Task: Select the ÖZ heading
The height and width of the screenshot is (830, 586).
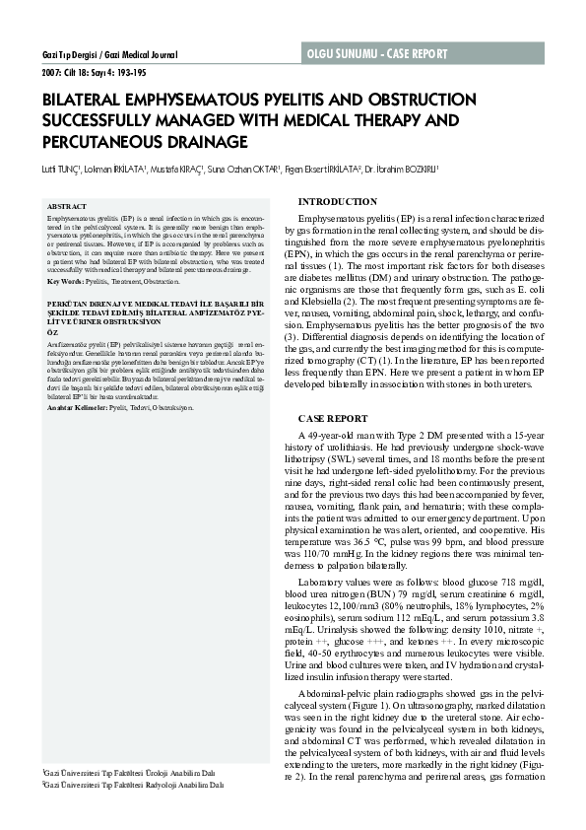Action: [54, 332]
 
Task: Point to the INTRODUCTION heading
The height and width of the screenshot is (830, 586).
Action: [337, 201]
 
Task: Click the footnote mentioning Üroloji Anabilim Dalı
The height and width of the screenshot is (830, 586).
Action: [134, 774]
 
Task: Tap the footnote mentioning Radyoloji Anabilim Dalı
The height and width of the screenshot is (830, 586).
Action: [136, 785]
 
